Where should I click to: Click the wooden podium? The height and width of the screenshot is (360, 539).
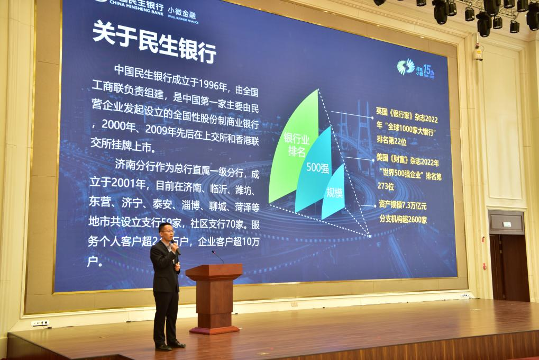click(214, 296)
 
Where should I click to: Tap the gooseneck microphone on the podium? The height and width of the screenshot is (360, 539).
click(217, 256)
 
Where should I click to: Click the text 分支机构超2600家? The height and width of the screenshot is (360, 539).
click(403, 219)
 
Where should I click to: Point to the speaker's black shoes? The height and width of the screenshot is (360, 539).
click(170, 346)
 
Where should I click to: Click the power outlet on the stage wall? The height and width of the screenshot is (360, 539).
click(40, 322)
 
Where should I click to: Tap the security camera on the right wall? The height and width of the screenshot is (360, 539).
click(478, 53)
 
